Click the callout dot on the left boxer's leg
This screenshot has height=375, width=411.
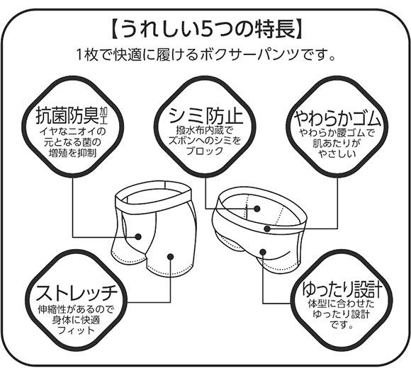click(x=169, y=257)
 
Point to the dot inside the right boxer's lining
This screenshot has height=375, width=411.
click(x=257, y=209)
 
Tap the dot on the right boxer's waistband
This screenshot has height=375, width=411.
click(x=267, y=228)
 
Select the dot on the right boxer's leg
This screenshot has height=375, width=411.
click(x=263, y=250)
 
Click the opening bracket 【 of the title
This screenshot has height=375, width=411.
click(x=113, y=30)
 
